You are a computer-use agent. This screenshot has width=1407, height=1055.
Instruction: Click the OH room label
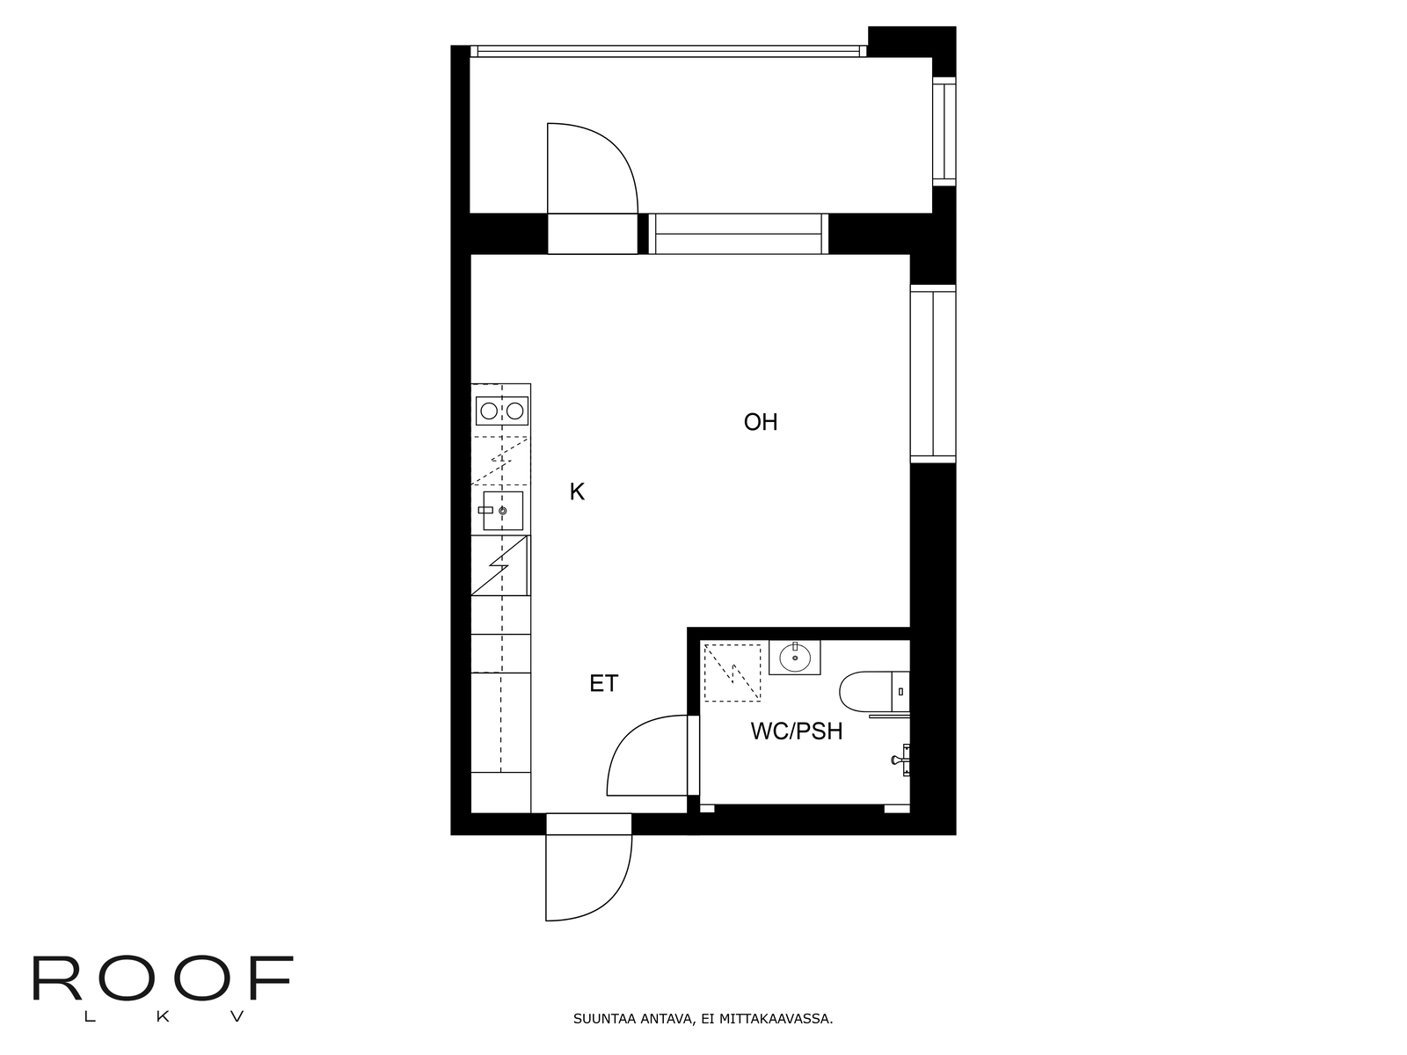point(761,422)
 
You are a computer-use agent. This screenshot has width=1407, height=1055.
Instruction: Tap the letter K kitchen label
point(577,492)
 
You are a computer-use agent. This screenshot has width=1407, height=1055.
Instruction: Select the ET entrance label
point(604,683)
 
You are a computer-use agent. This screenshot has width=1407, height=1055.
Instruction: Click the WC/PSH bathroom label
point(796,731)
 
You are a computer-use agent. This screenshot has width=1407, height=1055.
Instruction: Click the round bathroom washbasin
point(795,658)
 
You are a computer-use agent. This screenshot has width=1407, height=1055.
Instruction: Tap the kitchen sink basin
point(502,511)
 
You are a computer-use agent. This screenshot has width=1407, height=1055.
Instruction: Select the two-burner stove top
point(502,411)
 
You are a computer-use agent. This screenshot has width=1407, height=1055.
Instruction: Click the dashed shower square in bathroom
point(732,673)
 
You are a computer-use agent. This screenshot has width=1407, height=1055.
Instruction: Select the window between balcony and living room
point(739,234)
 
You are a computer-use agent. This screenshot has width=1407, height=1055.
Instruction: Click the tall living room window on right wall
point(933,374)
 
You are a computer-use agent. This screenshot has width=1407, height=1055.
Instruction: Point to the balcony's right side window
point(944,131)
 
